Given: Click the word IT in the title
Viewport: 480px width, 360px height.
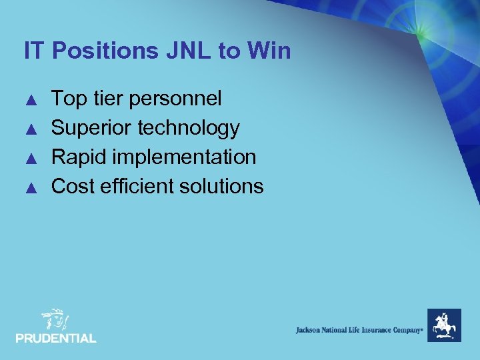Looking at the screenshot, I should pyautogui.click(x=34, y=51).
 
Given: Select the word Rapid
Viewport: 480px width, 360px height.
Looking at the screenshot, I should pyautogui.click(x=79, y=157).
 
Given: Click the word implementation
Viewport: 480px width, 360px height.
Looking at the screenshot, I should pyautogui.click(x=185, y=157).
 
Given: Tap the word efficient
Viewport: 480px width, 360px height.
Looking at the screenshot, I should pyautogui.click(x=133, y=186).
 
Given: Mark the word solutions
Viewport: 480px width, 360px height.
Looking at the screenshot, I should pyautogui.click(x=217, y=186).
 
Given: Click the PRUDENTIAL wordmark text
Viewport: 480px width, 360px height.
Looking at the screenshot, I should pyautogui.click(x=56, y=339).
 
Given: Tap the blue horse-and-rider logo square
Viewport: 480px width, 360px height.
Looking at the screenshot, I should pyautogui.click(x=443, y=325).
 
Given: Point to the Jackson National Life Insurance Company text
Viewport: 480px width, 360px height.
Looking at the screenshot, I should pyautogui.click(x=359, y=330).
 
